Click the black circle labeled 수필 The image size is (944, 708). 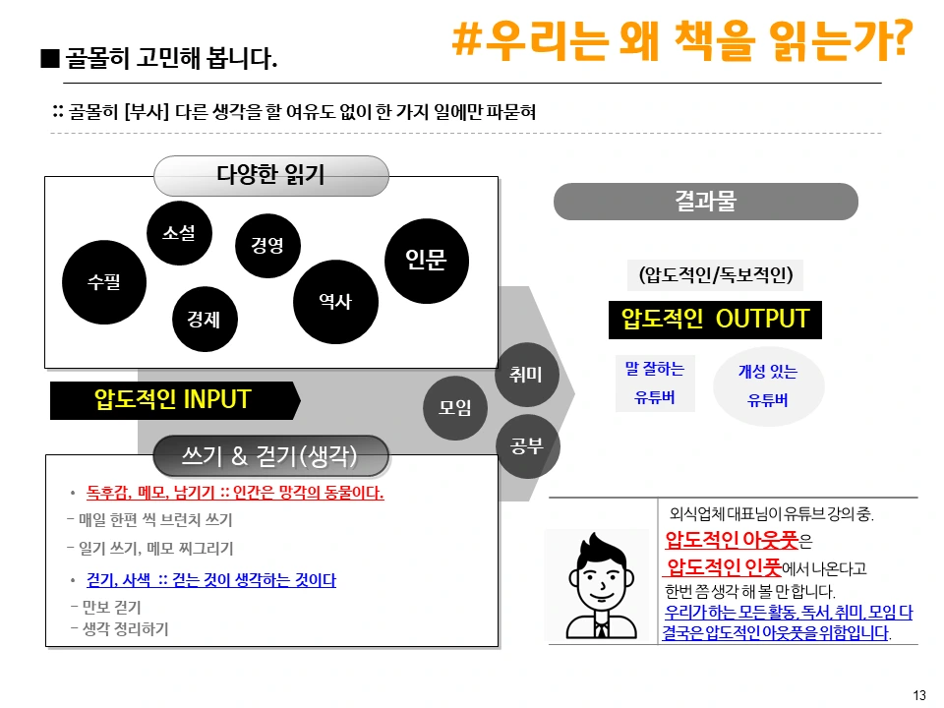(103, 281)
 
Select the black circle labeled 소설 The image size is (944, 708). (179, 233)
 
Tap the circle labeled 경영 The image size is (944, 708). (267, 245)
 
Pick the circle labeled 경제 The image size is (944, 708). (204, 318)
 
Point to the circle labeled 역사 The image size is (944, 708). (335, 302)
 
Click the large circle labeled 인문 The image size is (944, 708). (426, 261)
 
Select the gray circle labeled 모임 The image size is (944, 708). (455, 407)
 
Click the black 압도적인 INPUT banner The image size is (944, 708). (173, 400)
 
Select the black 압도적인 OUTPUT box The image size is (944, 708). (715, 320)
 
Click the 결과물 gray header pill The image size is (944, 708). (705, 202)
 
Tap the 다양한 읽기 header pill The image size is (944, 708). (270, 176)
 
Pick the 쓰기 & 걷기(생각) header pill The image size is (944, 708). (270, 456)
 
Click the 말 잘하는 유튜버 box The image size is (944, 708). (654, 383)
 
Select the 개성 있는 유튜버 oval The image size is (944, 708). (768, 385)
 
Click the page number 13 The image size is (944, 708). (919, 695)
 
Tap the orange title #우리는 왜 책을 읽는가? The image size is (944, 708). (681, 39)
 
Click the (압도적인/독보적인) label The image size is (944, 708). (715, 274)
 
